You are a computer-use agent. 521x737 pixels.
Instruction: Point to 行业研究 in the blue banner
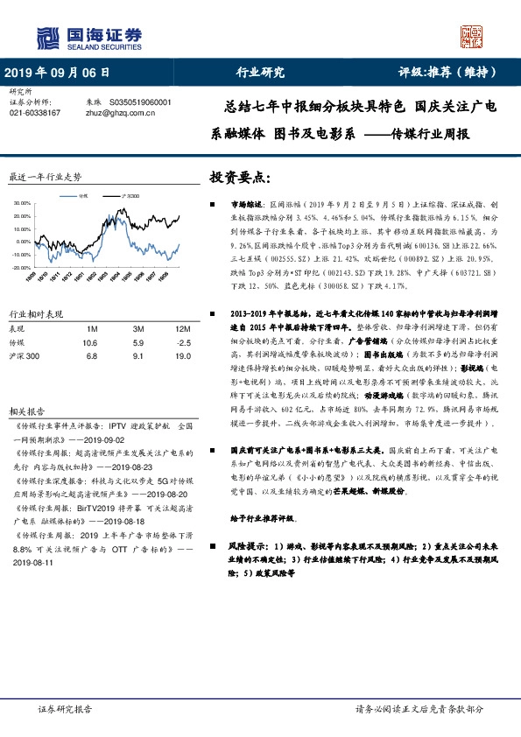(261, 73)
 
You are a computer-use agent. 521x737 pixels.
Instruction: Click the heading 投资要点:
(239, 177)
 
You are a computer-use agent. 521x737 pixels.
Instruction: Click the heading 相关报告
(25, 386)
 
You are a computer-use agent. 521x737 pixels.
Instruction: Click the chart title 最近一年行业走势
(45, 177)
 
